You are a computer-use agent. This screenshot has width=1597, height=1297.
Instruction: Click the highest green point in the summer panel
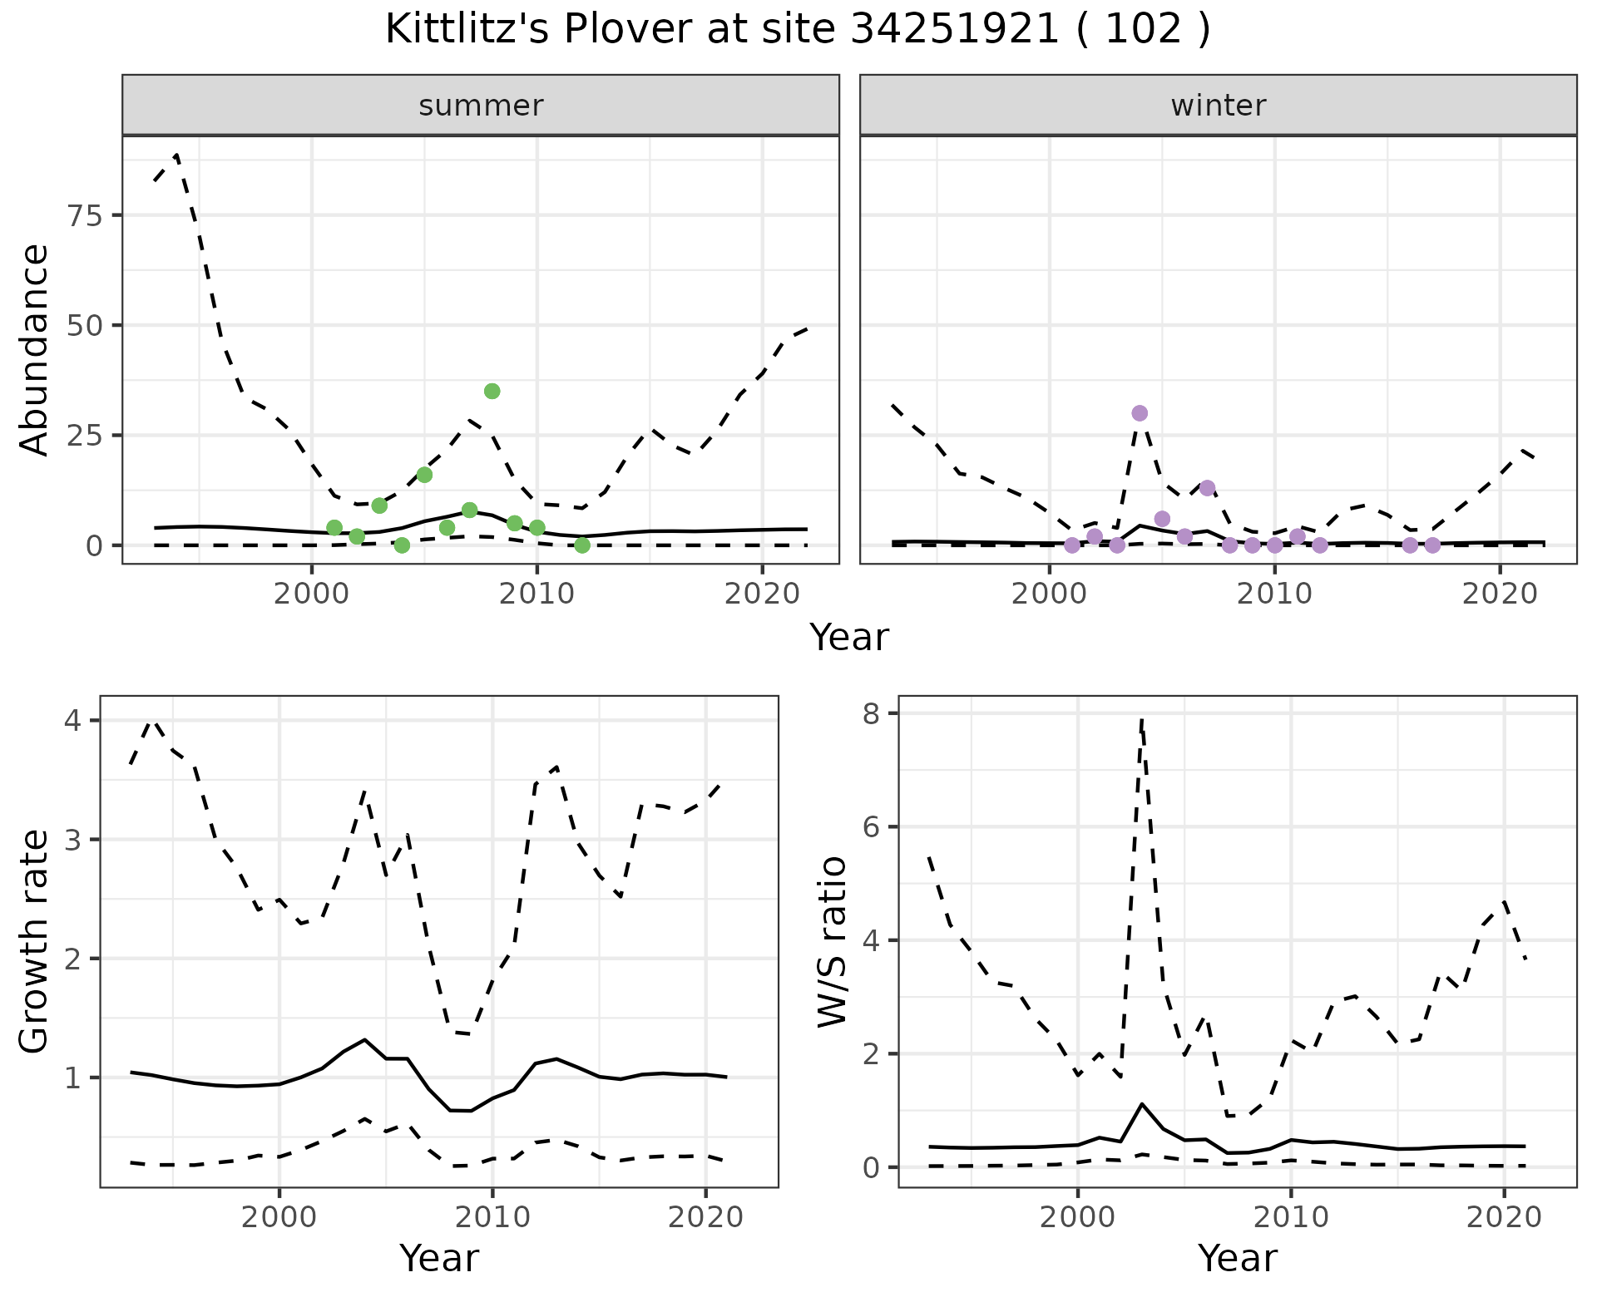(492, 392)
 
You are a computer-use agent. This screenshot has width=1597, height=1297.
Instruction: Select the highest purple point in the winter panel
(1140, 413)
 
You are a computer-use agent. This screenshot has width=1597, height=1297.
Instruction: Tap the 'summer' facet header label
(481, 106)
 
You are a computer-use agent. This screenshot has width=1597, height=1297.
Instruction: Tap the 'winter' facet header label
(1218, 106)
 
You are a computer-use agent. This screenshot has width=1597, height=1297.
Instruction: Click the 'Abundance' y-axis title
(35, 350)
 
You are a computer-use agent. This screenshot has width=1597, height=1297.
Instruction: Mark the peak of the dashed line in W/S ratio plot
(1142, 720)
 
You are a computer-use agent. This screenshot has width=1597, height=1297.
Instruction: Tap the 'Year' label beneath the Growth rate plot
(439, 1258)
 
